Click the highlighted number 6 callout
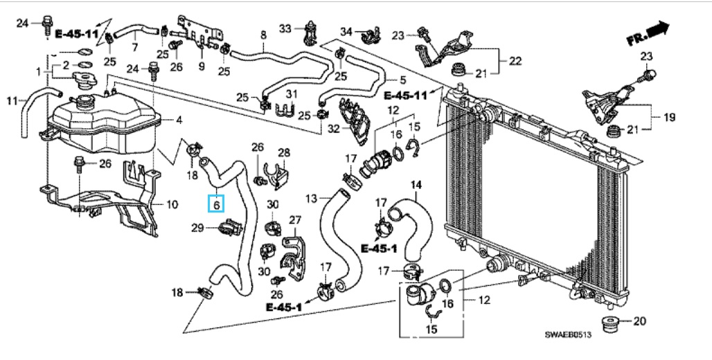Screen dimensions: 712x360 click(x=217, y=204)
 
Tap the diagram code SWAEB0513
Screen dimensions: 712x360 click(x=568, y=334)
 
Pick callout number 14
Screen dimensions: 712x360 click(x=416, y=185)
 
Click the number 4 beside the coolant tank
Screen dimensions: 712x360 click(x=179, y=120)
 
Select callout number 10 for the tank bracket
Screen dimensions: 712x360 click(x=172, y=205)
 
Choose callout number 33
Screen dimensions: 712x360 click(x=285, y=28)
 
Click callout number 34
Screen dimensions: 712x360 click(x=346, y=31)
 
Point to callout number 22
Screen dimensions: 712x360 click(x=515, y=60)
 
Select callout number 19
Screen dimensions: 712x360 click(x=669, y=117)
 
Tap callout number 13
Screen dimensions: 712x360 click(x=311, y=199)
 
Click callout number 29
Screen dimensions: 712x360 click(x=197, y=228)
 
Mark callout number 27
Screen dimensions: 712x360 click(x=295, y=220)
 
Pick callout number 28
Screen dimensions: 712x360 click(x=284, y=152)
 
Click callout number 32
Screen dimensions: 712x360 click(x=334, y=129)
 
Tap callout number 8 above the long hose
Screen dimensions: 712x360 click(x=263, y=35)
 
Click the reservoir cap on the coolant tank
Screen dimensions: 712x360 click(x=84, y=80)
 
